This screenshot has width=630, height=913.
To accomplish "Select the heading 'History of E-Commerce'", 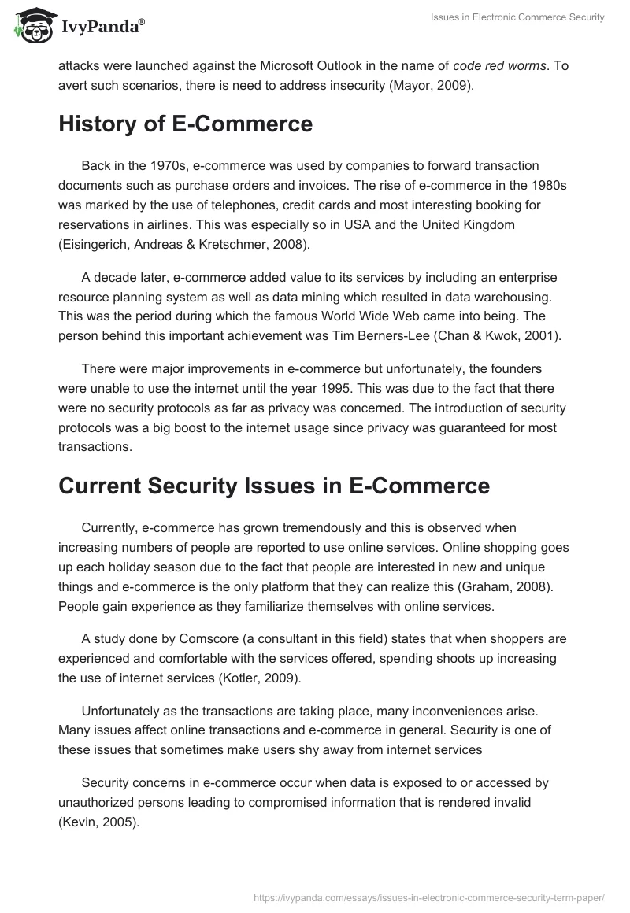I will [x=186, y=124].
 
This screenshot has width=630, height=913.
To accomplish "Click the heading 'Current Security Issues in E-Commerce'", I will [x=274, y=486].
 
